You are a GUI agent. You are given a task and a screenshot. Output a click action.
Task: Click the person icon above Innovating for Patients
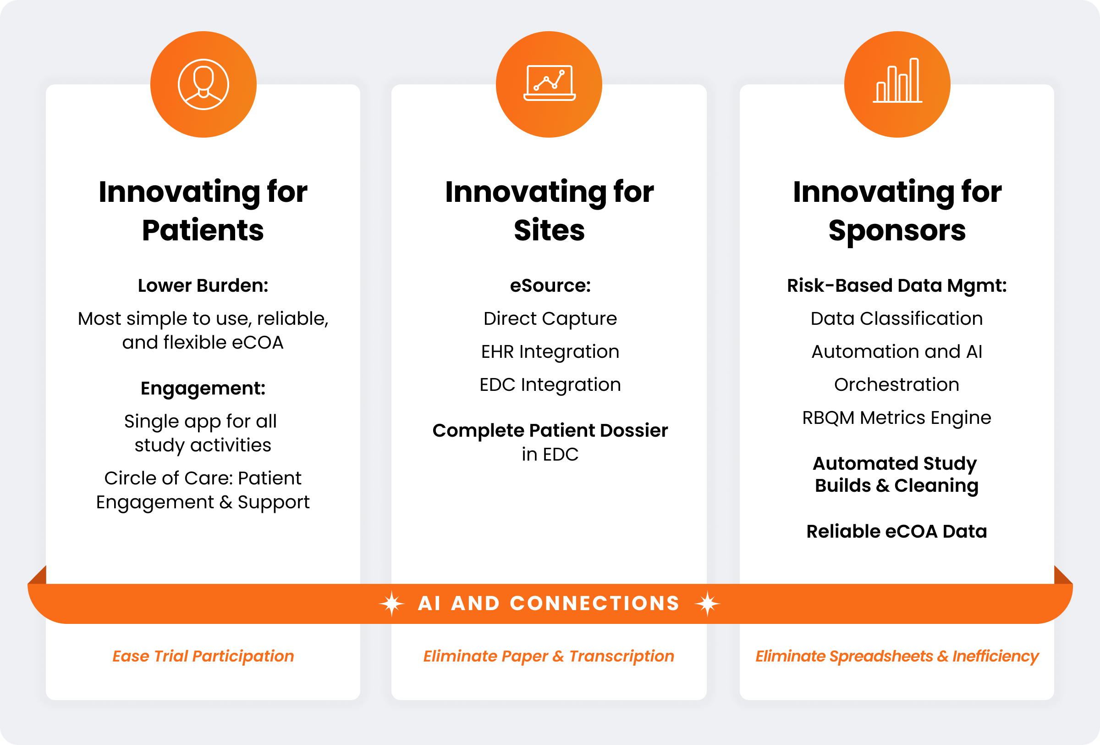[203, 84]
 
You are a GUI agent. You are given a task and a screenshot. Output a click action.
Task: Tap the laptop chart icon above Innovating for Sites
[549, 83]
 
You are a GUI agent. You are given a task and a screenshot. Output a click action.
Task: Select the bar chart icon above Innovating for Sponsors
[897, 81]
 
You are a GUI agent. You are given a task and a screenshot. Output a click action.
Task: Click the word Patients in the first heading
[203, 231]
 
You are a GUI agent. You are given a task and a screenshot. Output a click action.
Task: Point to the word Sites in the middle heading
[550, 231]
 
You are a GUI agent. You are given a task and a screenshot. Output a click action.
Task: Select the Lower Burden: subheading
[203, 286]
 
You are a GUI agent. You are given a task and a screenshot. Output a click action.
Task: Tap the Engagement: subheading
[203, 389]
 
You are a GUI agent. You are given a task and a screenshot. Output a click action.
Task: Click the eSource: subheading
[550, 286]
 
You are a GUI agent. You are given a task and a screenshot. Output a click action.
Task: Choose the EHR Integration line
[550, 352]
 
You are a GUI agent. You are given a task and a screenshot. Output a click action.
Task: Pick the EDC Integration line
[550, 385]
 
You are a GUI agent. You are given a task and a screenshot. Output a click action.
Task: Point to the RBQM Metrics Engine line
[896, 418]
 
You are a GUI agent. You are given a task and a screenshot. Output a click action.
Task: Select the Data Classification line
[896, 319]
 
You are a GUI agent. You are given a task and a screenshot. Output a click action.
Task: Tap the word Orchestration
[896, 384]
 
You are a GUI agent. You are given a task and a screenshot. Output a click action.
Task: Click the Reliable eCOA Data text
[896, 531]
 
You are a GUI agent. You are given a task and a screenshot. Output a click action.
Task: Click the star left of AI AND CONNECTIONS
[392, 604]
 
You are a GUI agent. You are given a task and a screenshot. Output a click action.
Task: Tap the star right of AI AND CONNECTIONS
[707, 604]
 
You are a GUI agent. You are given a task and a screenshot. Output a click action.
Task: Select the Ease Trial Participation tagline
[203, 656]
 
